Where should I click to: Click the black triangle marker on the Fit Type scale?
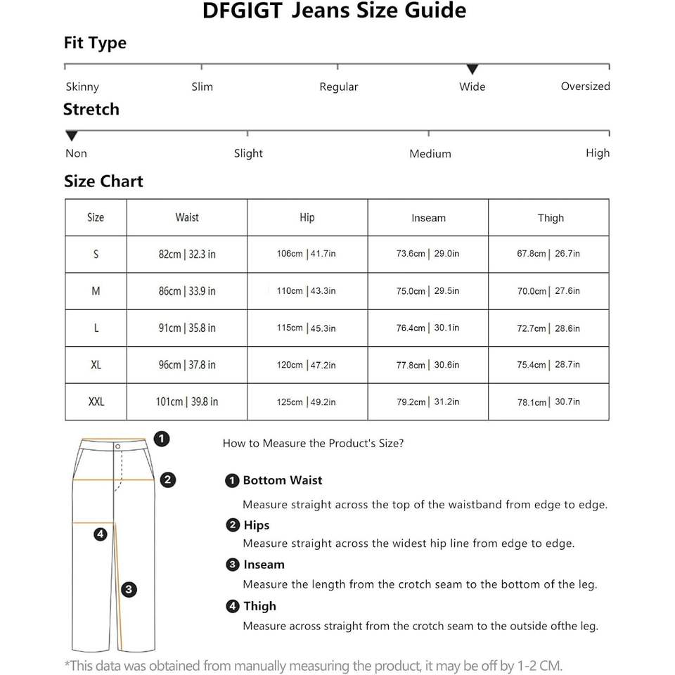(x=472, y=69)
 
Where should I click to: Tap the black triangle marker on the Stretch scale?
(x=71, y=136)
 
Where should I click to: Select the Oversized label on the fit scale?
(x=585, y=86)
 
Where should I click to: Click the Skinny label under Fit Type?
(x=82, y=87)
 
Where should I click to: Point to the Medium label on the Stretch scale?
(x=430, y=154)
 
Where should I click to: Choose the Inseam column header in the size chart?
(x=428, y=218)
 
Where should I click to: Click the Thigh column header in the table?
(x=551, y=218)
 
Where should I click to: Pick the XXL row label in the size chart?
(x=96, y=402)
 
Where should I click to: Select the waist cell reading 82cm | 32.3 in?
(x=187, y=254)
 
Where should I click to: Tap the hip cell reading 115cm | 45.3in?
(x=307, y=328)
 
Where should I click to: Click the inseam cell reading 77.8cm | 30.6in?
(x=427, y=365)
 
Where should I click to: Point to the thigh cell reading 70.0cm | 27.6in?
(x=548, y=291)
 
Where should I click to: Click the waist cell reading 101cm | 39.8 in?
(x=187, y=402)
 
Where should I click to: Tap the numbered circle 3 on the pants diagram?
(x=129, y=590)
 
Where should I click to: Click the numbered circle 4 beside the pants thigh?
(x=100, y=534)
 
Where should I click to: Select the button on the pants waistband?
(x=118, y=446)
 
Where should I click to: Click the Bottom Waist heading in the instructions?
(x=282, y=481)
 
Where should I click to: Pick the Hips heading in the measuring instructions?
(x=256, y=525)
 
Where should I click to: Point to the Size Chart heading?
(x=103, y=181)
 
